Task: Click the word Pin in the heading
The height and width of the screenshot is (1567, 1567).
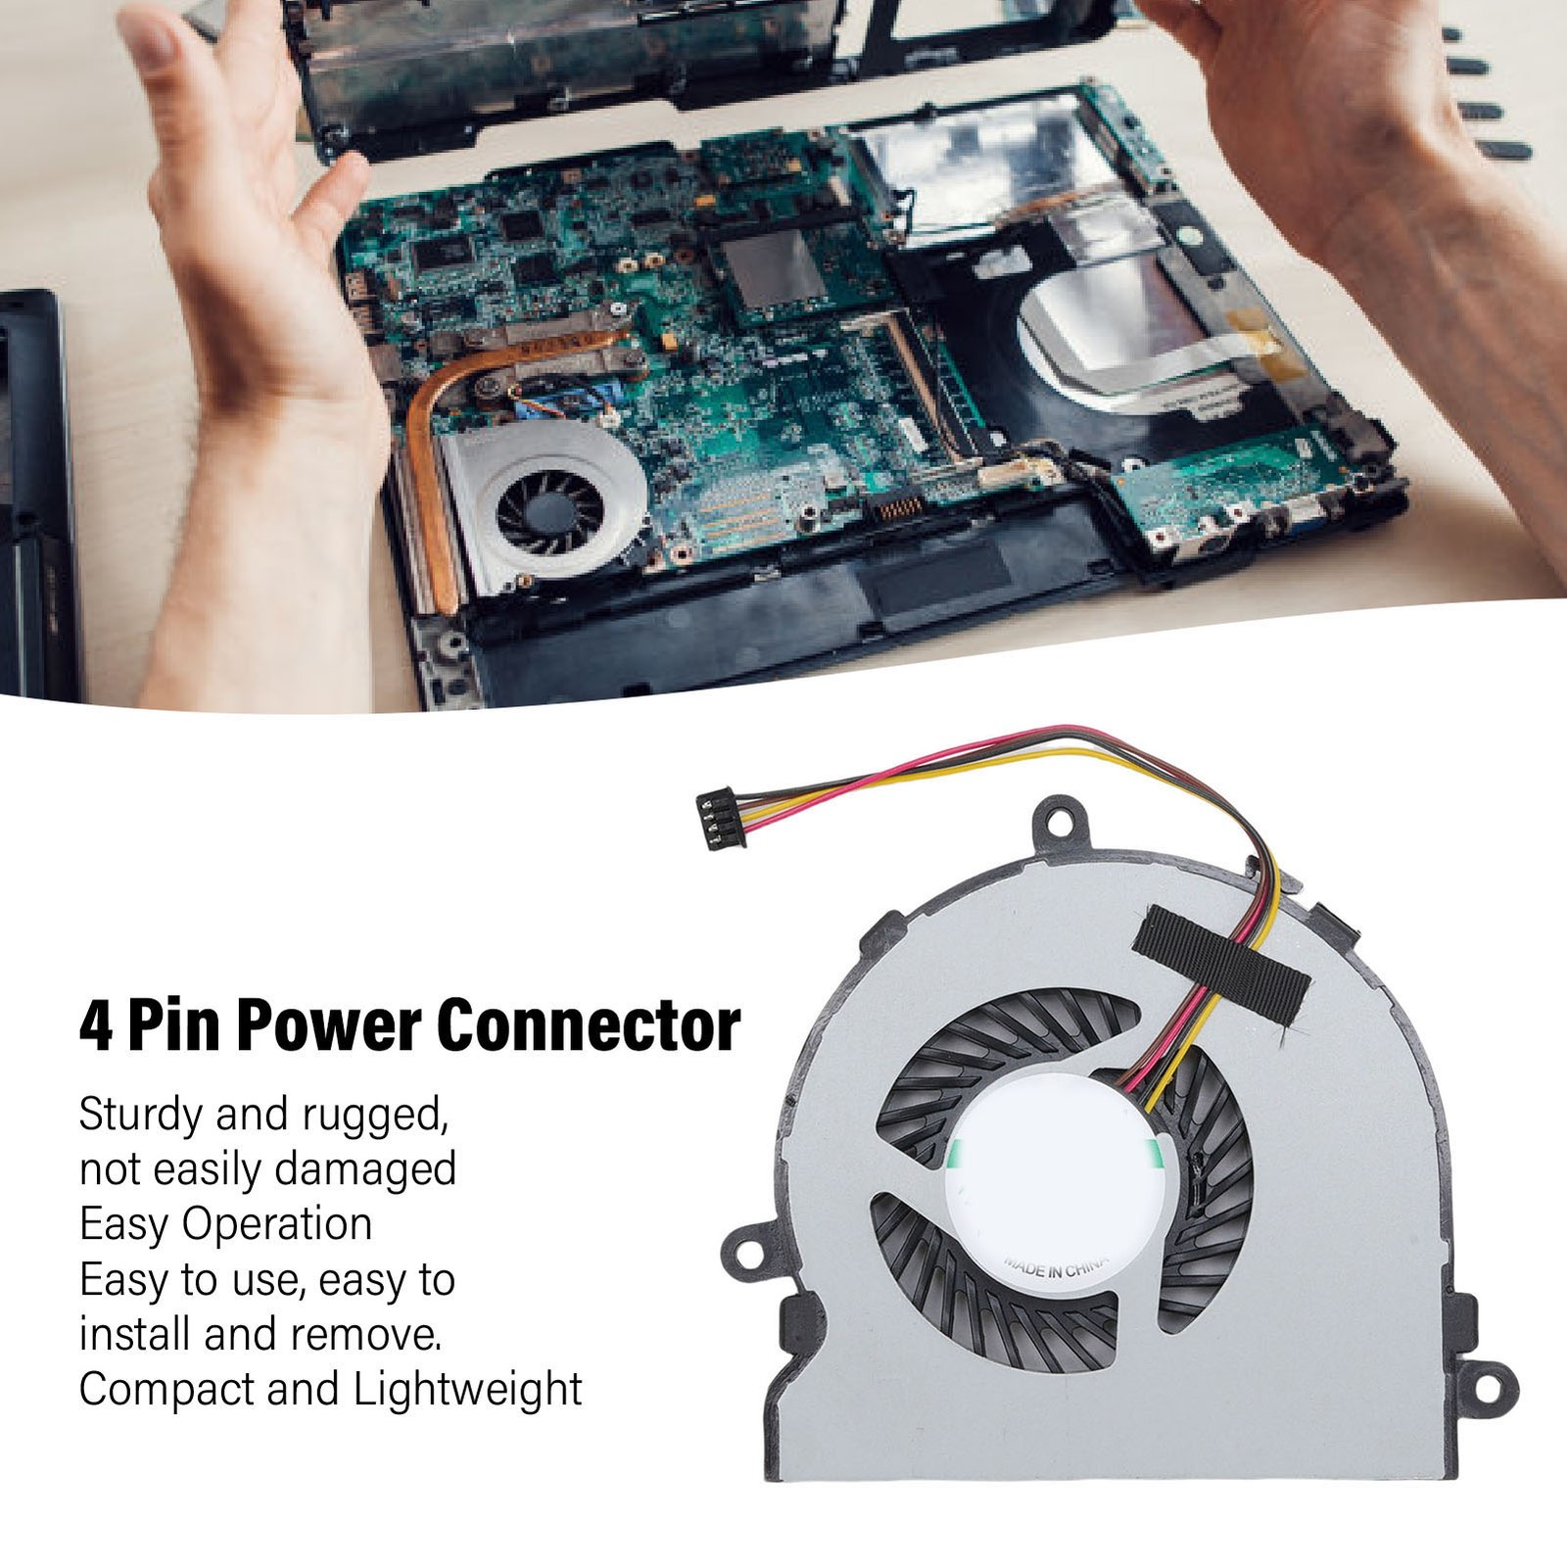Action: pos(172,1026)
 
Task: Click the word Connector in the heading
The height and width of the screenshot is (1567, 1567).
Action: pos(588,1026)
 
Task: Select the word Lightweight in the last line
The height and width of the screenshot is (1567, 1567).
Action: pos(468,1391)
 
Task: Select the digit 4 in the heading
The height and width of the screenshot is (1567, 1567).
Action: pos(96,1026)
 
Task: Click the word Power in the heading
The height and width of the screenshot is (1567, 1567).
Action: pos(325,1026)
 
